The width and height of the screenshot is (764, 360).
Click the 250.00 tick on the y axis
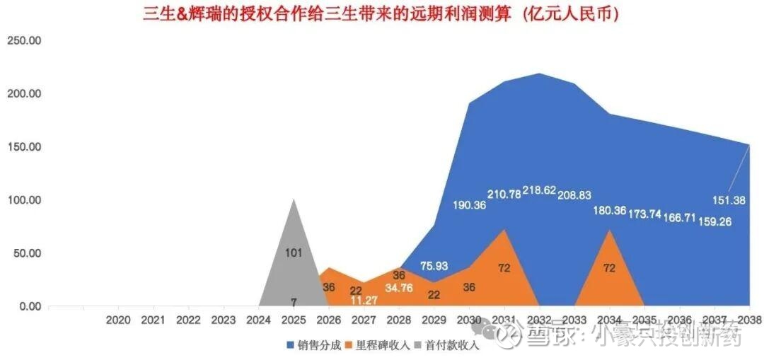[24, 41]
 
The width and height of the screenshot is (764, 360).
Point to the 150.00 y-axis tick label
[24, 147]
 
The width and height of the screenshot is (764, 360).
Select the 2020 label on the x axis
[118, 320]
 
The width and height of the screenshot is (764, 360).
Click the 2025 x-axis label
[294, 320]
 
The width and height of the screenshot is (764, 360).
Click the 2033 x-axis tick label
[574, 320]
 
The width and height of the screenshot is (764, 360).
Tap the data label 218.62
[539, 191]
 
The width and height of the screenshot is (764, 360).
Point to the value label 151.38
[729, 200]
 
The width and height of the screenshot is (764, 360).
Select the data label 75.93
[434, 266]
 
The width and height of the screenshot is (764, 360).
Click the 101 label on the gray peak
[294, 252]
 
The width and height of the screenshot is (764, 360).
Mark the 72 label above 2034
[609, 268]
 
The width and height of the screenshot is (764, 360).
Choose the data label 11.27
[365, 300]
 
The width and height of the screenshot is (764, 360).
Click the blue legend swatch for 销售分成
[291, 346]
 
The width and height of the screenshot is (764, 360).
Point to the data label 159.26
[714, 221]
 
